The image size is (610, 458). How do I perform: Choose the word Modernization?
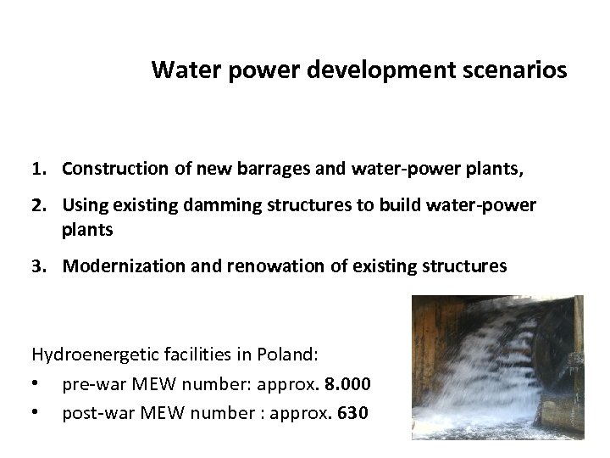click(115, 265)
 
